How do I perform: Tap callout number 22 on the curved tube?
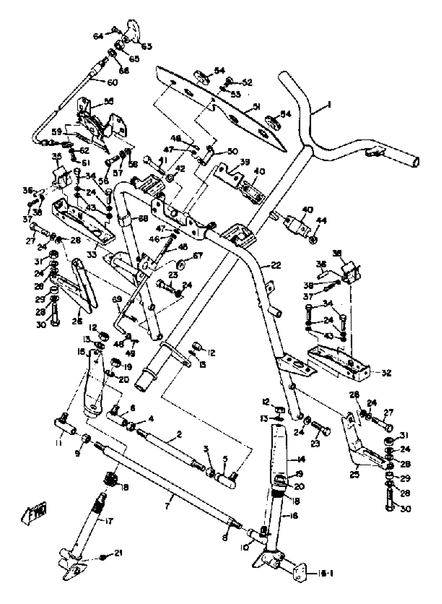276,265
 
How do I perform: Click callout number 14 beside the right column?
301,460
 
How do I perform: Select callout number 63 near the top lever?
147,46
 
